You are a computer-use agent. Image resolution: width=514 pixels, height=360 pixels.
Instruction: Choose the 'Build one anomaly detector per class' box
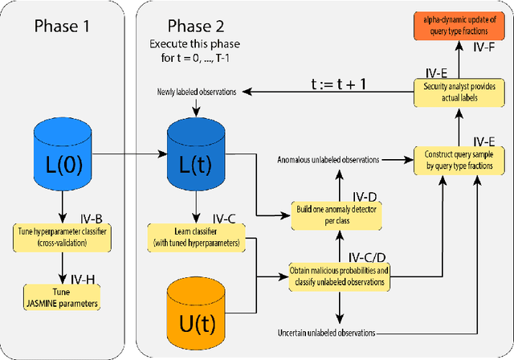click(x=337, y=214)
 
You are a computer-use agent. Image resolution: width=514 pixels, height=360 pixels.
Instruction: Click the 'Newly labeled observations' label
click(x=197, y=92)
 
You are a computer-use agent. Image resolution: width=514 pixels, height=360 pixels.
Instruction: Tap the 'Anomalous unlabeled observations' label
click(x=328, y=159)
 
